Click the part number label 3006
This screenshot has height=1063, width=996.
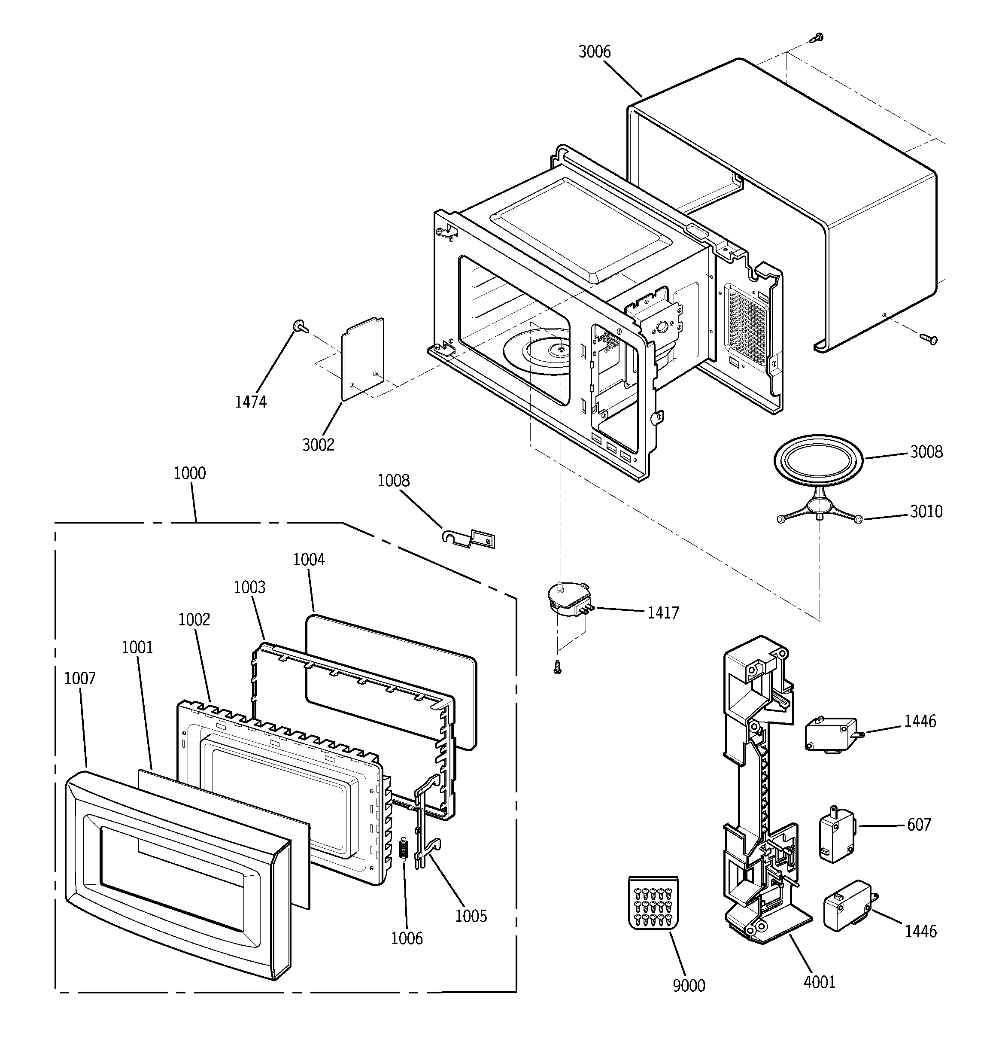(x=594, y=52)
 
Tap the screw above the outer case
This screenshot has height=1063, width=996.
(x=817, y=37)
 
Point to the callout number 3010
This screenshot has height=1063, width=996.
(x=926, y=511)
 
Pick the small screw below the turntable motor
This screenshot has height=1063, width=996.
(x=558, y=667)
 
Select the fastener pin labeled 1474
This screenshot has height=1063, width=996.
(x=299, y=326)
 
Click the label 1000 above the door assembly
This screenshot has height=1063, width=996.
(x=189, y=473)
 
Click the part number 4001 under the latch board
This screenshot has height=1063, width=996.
(x=819, y=982)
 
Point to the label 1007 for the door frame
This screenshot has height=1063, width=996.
(x=80, y=679)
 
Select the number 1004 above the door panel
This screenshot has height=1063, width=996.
(x=309, y=559)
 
